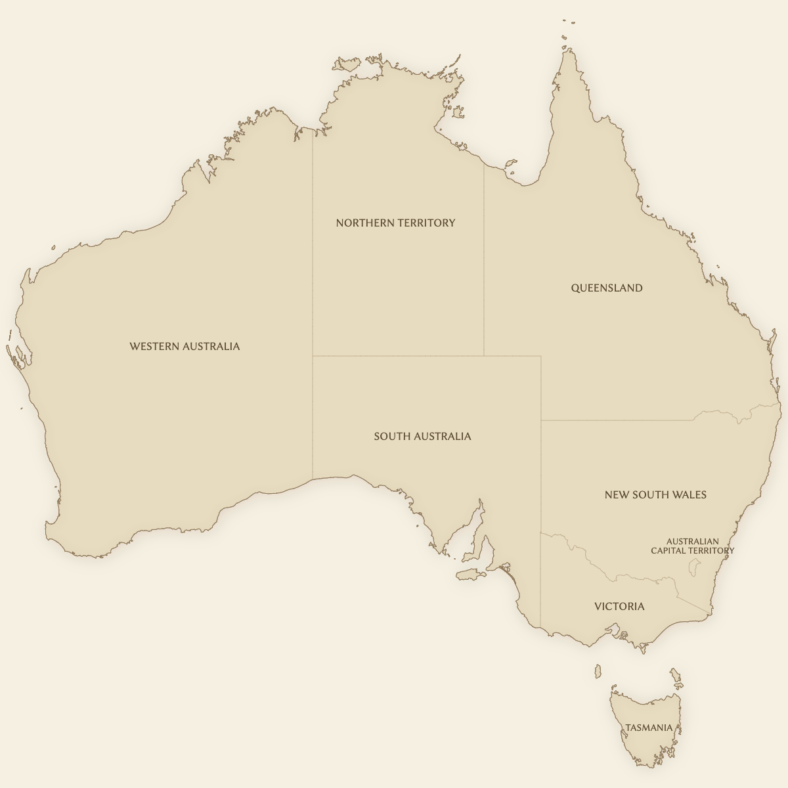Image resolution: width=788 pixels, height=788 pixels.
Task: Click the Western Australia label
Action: tap(185, 346)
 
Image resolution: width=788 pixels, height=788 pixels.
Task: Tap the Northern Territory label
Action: tap(395, 223)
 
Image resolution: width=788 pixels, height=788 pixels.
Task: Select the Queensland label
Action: tap(606, 288)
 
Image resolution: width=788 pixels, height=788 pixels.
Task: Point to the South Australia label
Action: tap(422, 436)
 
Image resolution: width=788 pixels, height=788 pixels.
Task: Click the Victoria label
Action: tap(619, 606)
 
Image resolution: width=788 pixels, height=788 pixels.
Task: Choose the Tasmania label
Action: tap(649, 728)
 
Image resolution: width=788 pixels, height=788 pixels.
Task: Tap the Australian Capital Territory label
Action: tap(692, 546)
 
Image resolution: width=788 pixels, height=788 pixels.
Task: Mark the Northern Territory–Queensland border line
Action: tap(484, 263)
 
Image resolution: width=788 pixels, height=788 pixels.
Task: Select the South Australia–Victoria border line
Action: tap(540, 578)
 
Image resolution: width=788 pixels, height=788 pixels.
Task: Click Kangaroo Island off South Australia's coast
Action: tap(470, 575)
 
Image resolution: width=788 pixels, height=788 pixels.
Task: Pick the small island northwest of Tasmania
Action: tap(598, 671)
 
